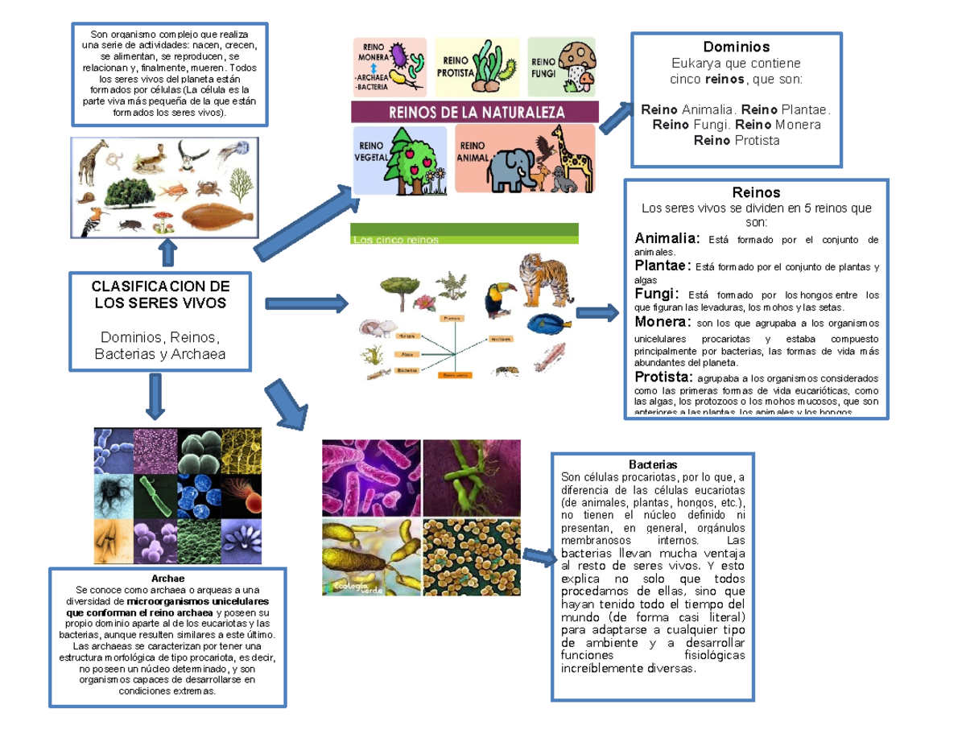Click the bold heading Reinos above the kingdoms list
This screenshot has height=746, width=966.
tap(756, 193)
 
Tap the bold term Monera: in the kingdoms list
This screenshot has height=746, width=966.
tap(662, 322)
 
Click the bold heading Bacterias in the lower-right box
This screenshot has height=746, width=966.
tap(653, 465)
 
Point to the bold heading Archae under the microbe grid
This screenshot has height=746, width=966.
tap(167, 579)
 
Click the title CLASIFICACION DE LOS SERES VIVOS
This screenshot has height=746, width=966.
tap(159, 295)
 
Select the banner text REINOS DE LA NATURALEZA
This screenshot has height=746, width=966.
tap(477, 111)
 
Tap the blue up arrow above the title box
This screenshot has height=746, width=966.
tap(167, 251)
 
